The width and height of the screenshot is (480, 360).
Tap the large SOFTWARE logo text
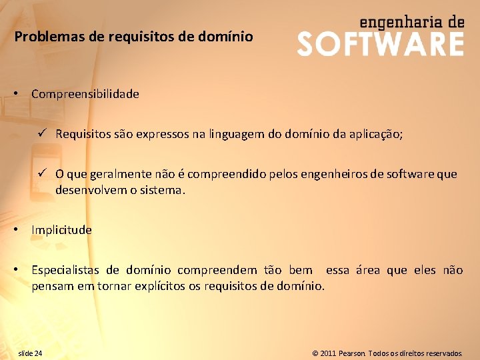(x=380, y=44)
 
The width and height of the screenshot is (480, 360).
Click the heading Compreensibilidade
(x=85, y=94)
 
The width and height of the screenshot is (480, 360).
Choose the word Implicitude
(x=61, y=230)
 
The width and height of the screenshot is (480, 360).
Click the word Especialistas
(x=66, y=270)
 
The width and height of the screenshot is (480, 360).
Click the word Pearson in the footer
(x=353, y=353)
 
